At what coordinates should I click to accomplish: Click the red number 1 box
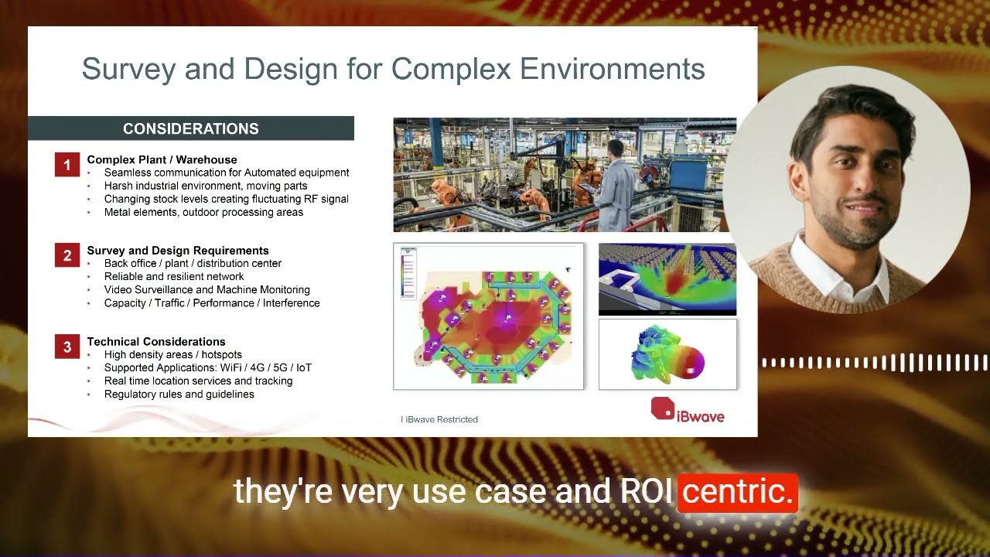[67, 165]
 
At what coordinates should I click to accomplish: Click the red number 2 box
[67, 255]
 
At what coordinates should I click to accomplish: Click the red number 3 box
[67, 347]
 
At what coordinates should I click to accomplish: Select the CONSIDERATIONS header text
[191, 128]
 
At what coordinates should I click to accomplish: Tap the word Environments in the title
[612, 69]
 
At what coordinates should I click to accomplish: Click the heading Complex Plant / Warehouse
[162, 159]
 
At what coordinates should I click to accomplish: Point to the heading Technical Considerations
[156, 341]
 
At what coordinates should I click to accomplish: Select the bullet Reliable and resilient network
[174, 276]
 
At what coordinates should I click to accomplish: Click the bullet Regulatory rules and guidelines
[179, 394]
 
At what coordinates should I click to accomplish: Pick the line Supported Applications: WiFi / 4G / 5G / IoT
[207, 367]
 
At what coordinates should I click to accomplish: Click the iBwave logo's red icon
[662, 408]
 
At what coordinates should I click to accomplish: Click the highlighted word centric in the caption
[737, 493]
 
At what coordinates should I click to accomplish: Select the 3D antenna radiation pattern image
[667, 354]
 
